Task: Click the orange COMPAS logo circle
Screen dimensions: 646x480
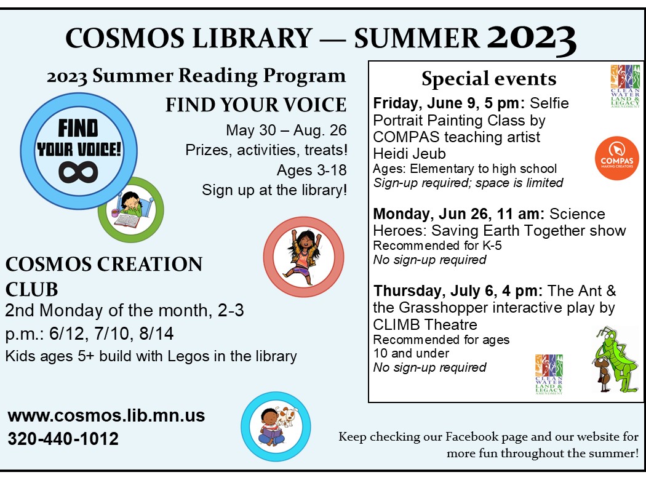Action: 616,158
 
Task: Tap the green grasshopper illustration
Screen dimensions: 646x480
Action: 615,359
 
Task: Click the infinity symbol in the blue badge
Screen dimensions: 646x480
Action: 78,172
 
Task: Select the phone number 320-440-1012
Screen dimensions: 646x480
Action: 63,438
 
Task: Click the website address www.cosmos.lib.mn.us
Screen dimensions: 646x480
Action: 106,416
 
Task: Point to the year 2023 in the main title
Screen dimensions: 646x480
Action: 532,39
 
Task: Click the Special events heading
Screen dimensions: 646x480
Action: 488,78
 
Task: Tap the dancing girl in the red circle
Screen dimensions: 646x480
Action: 304,257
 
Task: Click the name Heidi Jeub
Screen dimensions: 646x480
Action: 409,154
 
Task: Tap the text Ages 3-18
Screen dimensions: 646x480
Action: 311,170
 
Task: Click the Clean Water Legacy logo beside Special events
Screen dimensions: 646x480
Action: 625,86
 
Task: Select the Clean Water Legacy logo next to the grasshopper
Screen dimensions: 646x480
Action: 549,374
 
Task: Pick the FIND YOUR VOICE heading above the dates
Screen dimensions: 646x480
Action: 256,105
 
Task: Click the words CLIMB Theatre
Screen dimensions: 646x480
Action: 425,325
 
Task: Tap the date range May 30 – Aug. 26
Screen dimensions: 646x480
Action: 286,130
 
